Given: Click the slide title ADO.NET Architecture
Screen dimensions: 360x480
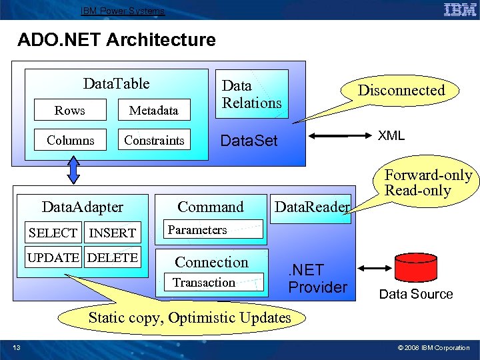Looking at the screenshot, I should (x=117, y=40).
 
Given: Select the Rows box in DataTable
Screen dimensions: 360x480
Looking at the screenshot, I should (x=70, y=110).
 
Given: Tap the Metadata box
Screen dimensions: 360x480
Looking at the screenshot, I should (x=153, y=110).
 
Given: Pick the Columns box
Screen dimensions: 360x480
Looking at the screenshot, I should (x=70, y=140).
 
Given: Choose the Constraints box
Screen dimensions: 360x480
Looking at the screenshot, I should (x=153, y=140).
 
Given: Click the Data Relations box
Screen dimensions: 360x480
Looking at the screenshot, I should (x=251, y=94).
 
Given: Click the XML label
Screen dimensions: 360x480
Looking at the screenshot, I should (x=391, y=135).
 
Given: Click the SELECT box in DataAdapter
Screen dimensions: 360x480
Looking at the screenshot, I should (x=53, y=233).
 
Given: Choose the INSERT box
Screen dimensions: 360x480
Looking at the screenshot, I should (x=112, y=233).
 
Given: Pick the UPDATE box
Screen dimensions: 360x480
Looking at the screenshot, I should (x=54, y=257).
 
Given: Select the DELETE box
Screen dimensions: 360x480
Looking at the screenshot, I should (x=113, y=257).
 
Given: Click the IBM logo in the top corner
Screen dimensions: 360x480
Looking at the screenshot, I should (x=460, y=9).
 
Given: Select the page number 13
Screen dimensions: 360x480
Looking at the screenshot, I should (x=16, y=347).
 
